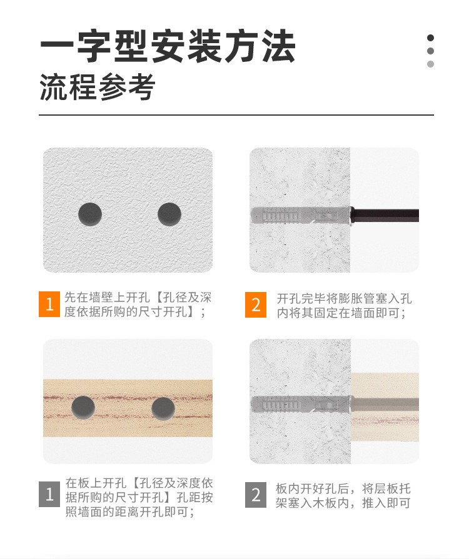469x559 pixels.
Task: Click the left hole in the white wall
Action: click(x=90, y=214)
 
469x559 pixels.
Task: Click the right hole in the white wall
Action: click(x=169, y=214)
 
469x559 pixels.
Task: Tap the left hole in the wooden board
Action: click(x=84, y=408)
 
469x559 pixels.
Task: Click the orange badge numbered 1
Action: click(x=49, y=305)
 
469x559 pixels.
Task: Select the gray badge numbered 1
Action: click(x=49, y=495)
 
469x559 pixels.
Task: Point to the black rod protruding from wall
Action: click(x=385, y=216)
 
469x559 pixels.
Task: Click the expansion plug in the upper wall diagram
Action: click(x=300, y=216)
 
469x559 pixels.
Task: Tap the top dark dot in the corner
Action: click(x=430, y=38)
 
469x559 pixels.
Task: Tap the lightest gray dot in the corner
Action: click(x=430, y=64)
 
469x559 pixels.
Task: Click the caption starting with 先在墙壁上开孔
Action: click(x=134, y=305)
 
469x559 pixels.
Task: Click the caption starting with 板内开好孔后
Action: click(x=343, y=495)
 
